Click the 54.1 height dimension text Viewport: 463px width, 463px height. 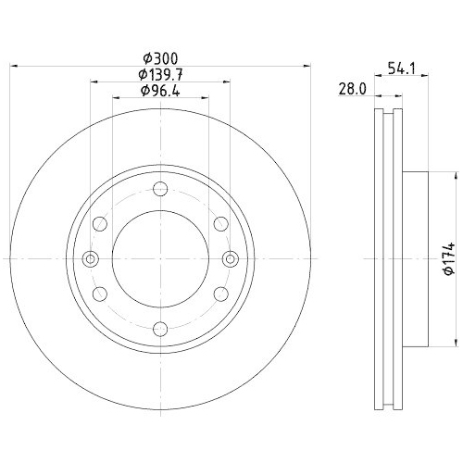(x=399, y=68)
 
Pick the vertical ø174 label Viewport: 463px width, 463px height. (x=446, y=257)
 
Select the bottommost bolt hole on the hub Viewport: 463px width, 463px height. (x=159, y=326)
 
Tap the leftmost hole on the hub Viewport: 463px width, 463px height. (x=90, y=258)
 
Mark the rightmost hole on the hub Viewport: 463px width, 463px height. (x=229, y=258)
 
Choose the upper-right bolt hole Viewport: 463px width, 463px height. (x=219, y=223)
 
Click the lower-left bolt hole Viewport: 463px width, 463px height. (x=100, y=293)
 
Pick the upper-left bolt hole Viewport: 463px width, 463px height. (x=100, y=223)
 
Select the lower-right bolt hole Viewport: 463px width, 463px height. (x=219, y=293)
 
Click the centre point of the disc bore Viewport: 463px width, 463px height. (x=159, y=258)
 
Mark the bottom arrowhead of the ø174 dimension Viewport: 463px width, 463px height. (x=455, y=342)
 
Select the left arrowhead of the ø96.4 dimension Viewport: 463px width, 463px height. (x=115, y=97)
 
